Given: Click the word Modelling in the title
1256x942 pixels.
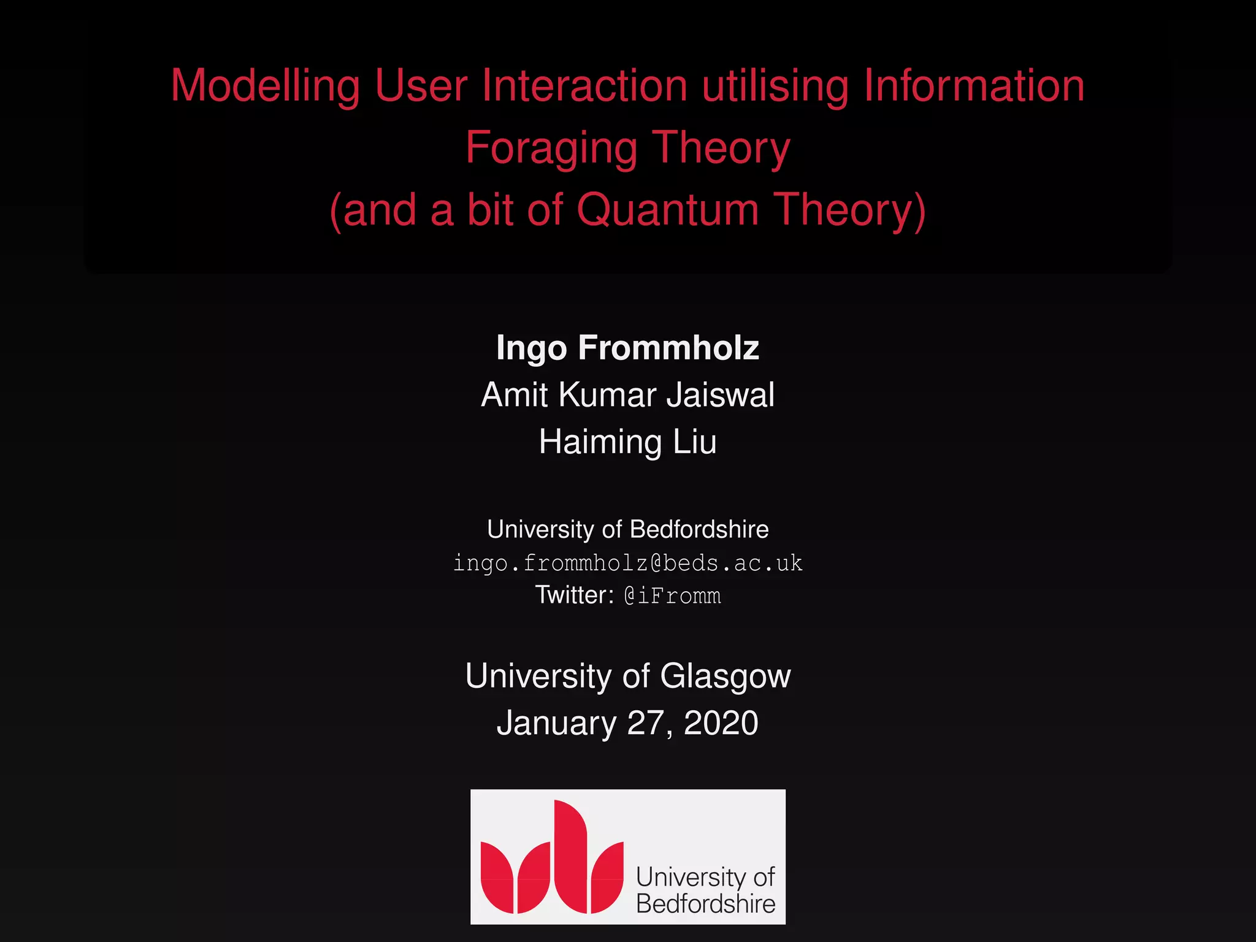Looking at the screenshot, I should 265,86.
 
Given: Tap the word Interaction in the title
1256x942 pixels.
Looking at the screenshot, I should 584,86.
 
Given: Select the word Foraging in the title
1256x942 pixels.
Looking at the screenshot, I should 551,148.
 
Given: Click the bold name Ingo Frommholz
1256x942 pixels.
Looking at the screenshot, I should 627,348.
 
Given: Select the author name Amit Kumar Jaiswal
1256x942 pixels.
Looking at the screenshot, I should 627,394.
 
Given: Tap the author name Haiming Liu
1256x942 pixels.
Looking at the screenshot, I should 627,442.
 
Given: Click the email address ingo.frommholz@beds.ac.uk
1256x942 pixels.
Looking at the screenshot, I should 627,563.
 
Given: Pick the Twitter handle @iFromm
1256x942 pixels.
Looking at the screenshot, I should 672,595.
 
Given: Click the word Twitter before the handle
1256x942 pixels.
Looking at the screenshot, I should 574,595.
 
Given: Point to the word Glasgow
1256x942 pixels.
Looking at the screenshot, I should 725,676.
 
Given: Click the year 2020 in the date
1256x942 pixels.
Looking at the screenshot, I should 721,723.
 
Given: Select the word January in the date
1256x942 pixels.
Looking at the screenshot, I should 556,723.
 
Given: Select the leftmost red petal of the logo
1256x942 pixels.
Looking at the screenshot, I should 497,877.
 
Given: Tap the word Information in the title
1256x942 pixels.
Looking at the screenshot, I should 974,86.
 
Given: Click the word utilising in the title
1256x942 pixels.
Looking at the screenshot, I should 775,86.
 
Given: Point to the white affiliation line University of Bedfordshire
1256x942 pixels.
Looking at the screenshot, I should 627,529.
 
